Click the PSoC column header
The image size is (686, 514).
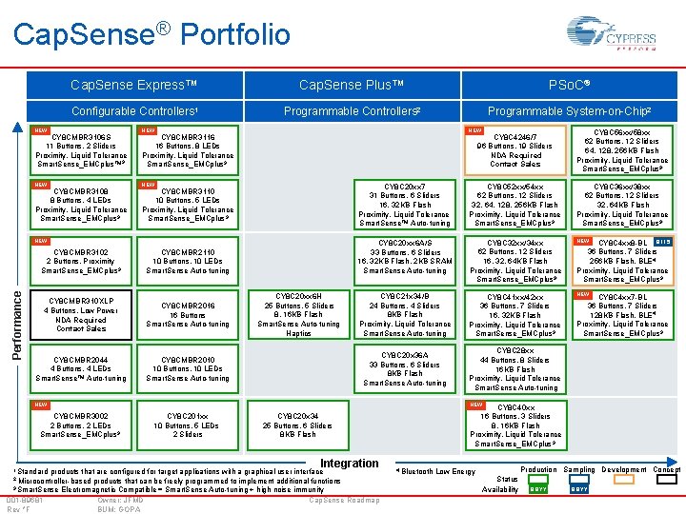[x=570, y=86]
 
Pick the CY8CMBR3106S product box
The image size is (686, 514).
[x=81, y=148]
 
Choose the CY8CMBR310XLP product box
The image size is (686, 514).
[x=81, y=314]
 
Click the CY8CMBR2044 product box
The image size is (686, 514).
[x=81, y=367]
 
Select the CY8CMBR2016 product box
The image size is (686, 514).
[x=188, y=314]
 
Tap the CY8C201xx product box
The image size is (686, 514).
[x=188, y=425]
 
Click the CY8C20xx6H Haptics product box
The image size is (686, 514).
[x=298, y=314]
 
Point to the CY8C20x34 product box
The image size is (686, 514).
[x=298, y=425]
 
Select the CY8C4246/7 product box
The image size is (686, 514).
[x=514, y=148]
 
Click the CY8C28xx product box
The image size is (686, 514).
[x=514, y=369]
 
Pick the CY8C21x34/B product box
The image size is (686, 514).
[x=405, y=314]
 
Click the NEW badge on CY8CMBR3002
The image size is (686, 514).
[x=40, y=404]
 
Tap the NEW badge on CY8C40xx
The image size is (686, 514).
[x=475, y=405]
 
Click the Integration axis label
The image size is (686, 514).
[x=349, y=464]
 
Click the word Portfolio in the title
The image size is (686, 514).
[x=234, y=35]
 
